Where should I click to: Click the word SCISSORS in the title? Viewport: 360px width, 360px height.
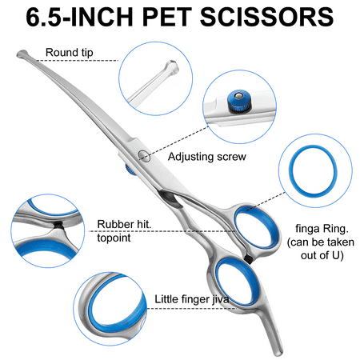tap(266, 17)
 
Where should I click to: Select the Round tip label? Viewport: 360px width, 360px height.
tap(70, 53)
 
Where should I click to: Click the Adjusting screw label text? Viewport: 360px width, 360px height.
tap(207, 157)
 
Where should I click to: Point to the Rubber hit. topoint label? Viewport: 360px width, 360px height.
tap(124, 230)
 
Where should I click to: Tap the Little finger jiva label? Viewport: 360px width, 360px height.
tap(192, 299)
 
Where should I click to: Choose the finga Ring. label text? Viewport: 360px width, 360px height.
tap(322, 229)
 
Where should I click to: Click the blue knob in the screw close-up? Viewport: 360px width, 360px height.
tap(239, 101)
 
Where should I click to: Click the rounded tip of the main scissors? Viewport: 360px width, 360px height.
tap(22, 54)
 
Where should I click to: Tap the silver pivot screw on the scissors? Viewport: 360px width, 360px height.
tap(144, 156)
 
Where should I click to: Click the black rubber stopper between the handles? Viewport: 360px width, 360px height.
tap(248, 258)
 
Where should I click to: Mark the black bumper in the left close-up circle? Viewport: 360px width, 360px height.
tap(58, 225)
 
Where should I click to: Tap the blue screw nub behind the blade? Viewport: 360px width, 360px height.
tap(130, 170)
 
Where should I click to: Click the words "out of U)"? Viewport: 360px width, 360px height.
tap(322, 255)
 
